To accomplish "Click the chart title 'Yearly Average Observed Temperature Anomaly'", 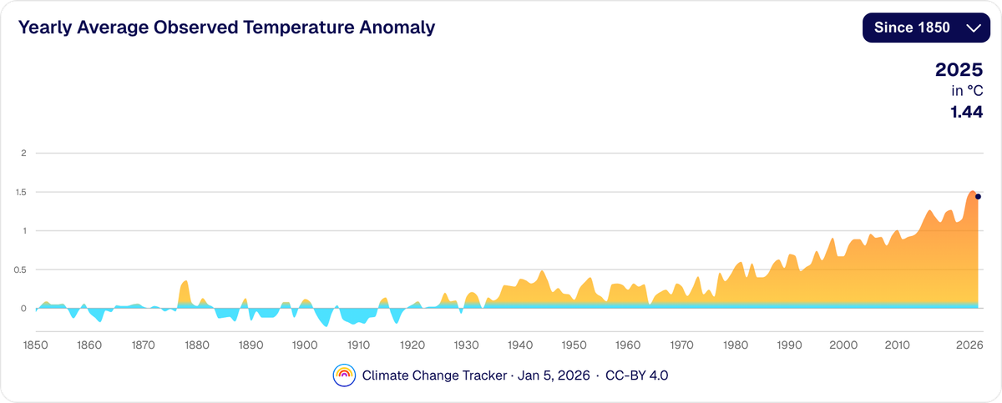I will [227, 28].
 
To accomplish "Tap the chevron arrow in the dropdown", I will [972, 28].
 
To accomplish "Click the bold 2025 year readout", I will [959, 70].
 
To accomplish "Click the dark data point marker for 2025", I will [978, 197].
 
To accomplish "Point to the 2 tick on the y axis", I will [24, 154].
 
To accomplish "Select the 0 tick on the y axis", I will [24, 309].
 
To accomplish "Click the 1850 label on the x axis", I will [35, 345].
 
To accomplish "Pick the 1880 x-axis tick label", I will [197, 345].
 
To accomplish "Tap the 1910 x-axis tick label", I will [358, 345].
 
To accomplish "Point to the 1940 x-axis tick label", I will [520, 345].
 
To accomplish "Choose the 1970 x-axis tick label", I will [682, 345].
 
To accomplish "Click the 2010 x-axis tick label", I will [898, 345].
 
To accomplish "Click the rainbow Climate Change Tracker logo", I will [344, 375].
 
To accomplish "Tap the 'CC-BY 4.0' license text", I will [636, 375].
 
